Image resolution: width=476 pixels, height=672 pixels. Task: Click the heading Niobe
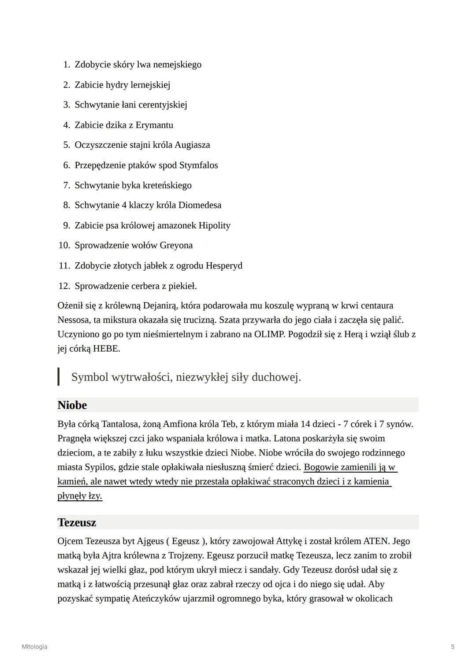(x=72, y=405)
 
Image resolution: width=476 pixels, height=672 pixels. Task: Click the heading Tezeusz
(x=77, y=522)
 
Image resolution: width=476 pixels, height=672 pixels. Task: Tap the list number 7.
(x=67, y=185)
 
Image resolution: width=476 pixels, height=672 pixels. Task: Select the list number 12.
(x=64, y=286)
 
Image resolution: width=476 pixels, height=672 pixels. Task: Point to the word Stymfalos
(x=198, y=165)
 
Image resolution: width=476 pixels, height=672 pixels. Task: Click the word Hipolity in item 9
(x=214, y=225)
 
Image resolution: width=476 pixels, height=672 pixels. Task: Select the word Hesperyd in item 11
(x=224, y=265)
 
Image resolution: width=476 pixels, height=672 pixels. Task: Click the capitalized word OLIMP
(x=269, y=334)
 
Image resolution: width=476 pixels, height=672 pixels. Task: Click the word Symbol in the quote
(x=90, y=377)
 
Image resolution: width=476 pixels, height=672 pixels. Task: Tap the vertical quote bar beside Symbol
(x=59, y=377)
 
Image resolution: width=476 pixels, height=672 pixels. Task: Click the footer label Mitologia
(x=34, y=646)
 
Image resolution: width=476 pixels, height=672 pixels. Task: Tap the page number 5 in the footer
(x=453, y=646)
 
